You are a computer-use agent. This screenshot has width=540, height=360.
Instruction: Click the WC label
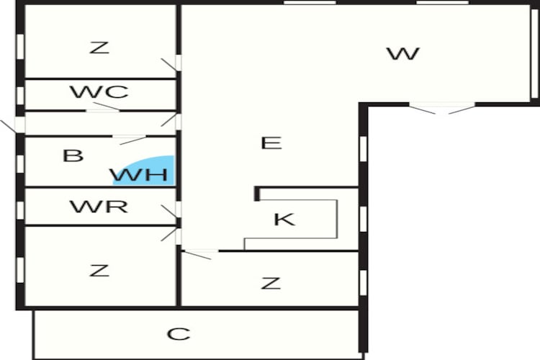(x=99, y=92)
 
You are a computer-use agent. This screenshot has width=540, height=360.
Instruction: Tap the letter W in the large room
(x=402, y=54)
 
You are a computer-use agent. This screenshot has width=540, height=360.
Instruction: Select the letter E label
(x=271, y=143)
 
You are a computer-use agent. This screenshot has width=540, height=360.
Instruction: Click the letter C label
(x=179, y=334)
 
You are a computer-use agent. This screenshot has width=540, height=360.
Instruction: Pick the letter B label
(x=73, y=156)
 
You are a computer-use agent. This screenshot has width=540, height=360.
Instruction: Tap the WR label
(x=99, y=207)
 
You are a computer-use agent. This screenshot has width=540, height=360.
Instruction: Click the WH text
(x=139, y=174)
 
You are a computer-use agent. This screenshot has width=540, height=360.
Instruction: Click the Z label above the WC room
(x=99, y=48)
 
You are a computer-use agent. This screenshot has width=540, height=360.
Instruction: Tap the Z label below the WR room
(x=99, y=271)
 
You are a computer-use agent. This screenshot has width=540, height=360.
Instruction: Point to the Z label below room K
(x=271, y=283)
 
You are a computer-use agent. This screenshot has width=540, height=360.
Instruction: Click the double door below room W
(x=442, y=109)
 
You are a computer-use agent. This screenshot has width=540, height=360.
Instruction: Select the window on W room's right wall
(x=534, y=54)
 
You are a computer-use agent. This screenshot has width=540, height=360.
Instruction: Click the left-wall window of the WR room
(x=21, y=209)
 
